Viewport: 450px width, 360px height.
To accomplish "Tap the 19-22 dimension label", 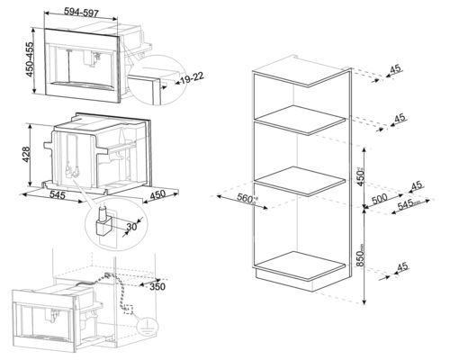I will [188, 79].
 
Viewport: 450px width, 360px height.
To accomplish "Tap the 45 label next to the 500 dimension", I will [415, 186].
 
